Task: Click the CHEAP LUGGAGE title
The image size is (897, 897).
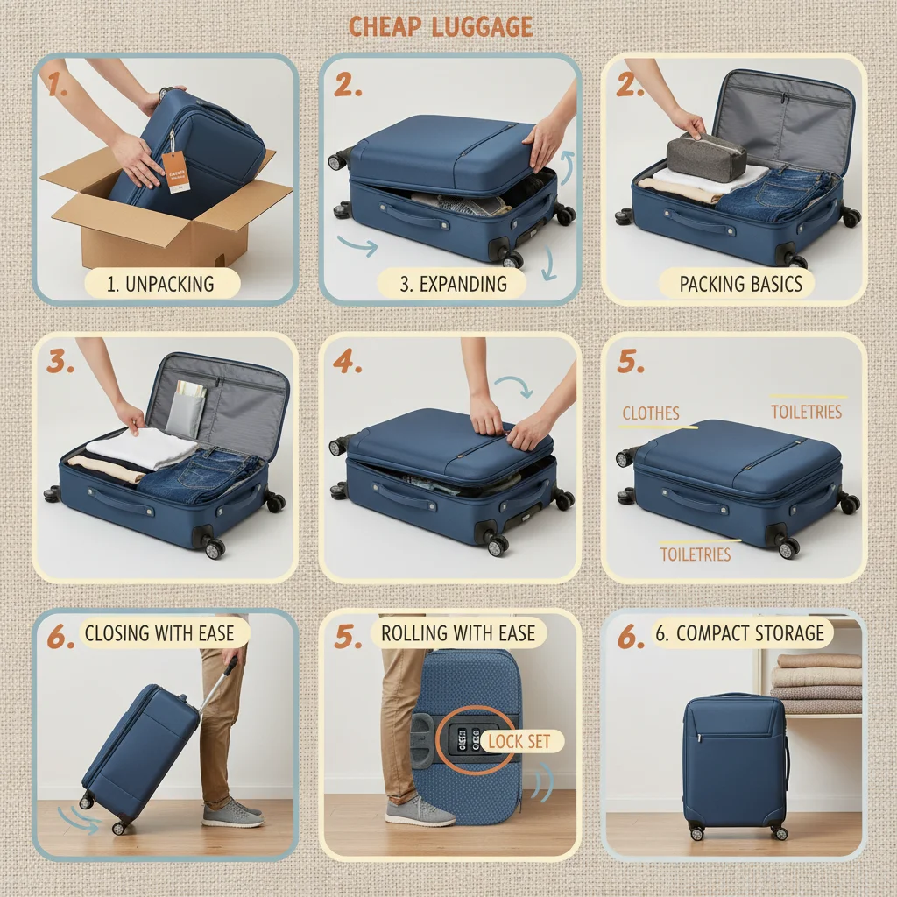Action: pos(440,26)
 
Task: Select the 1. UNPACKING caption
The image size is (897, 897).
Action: pos(160,284)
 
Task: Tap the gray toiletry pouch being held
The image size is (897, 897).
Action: pos(706,158)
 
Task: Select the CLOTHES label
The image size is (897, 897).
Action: pos(651,413)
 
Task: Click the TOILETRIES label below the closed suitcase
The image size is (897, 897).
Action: pos(695,554)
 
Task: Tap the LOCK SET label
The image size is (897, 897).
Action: pos(519,741)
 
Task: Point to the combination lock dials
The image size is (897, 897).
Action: pos(464,740)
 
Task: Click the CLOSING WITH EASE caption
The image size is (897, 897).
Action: pos(159,633)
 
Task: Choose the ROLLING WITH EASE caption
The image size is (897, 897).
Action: pos(458,633)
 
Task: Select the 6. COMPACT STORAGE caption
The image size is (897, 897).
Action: pos(740,633)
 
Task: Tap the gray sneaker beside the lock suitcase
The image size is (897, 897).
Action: pos(419,812)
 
